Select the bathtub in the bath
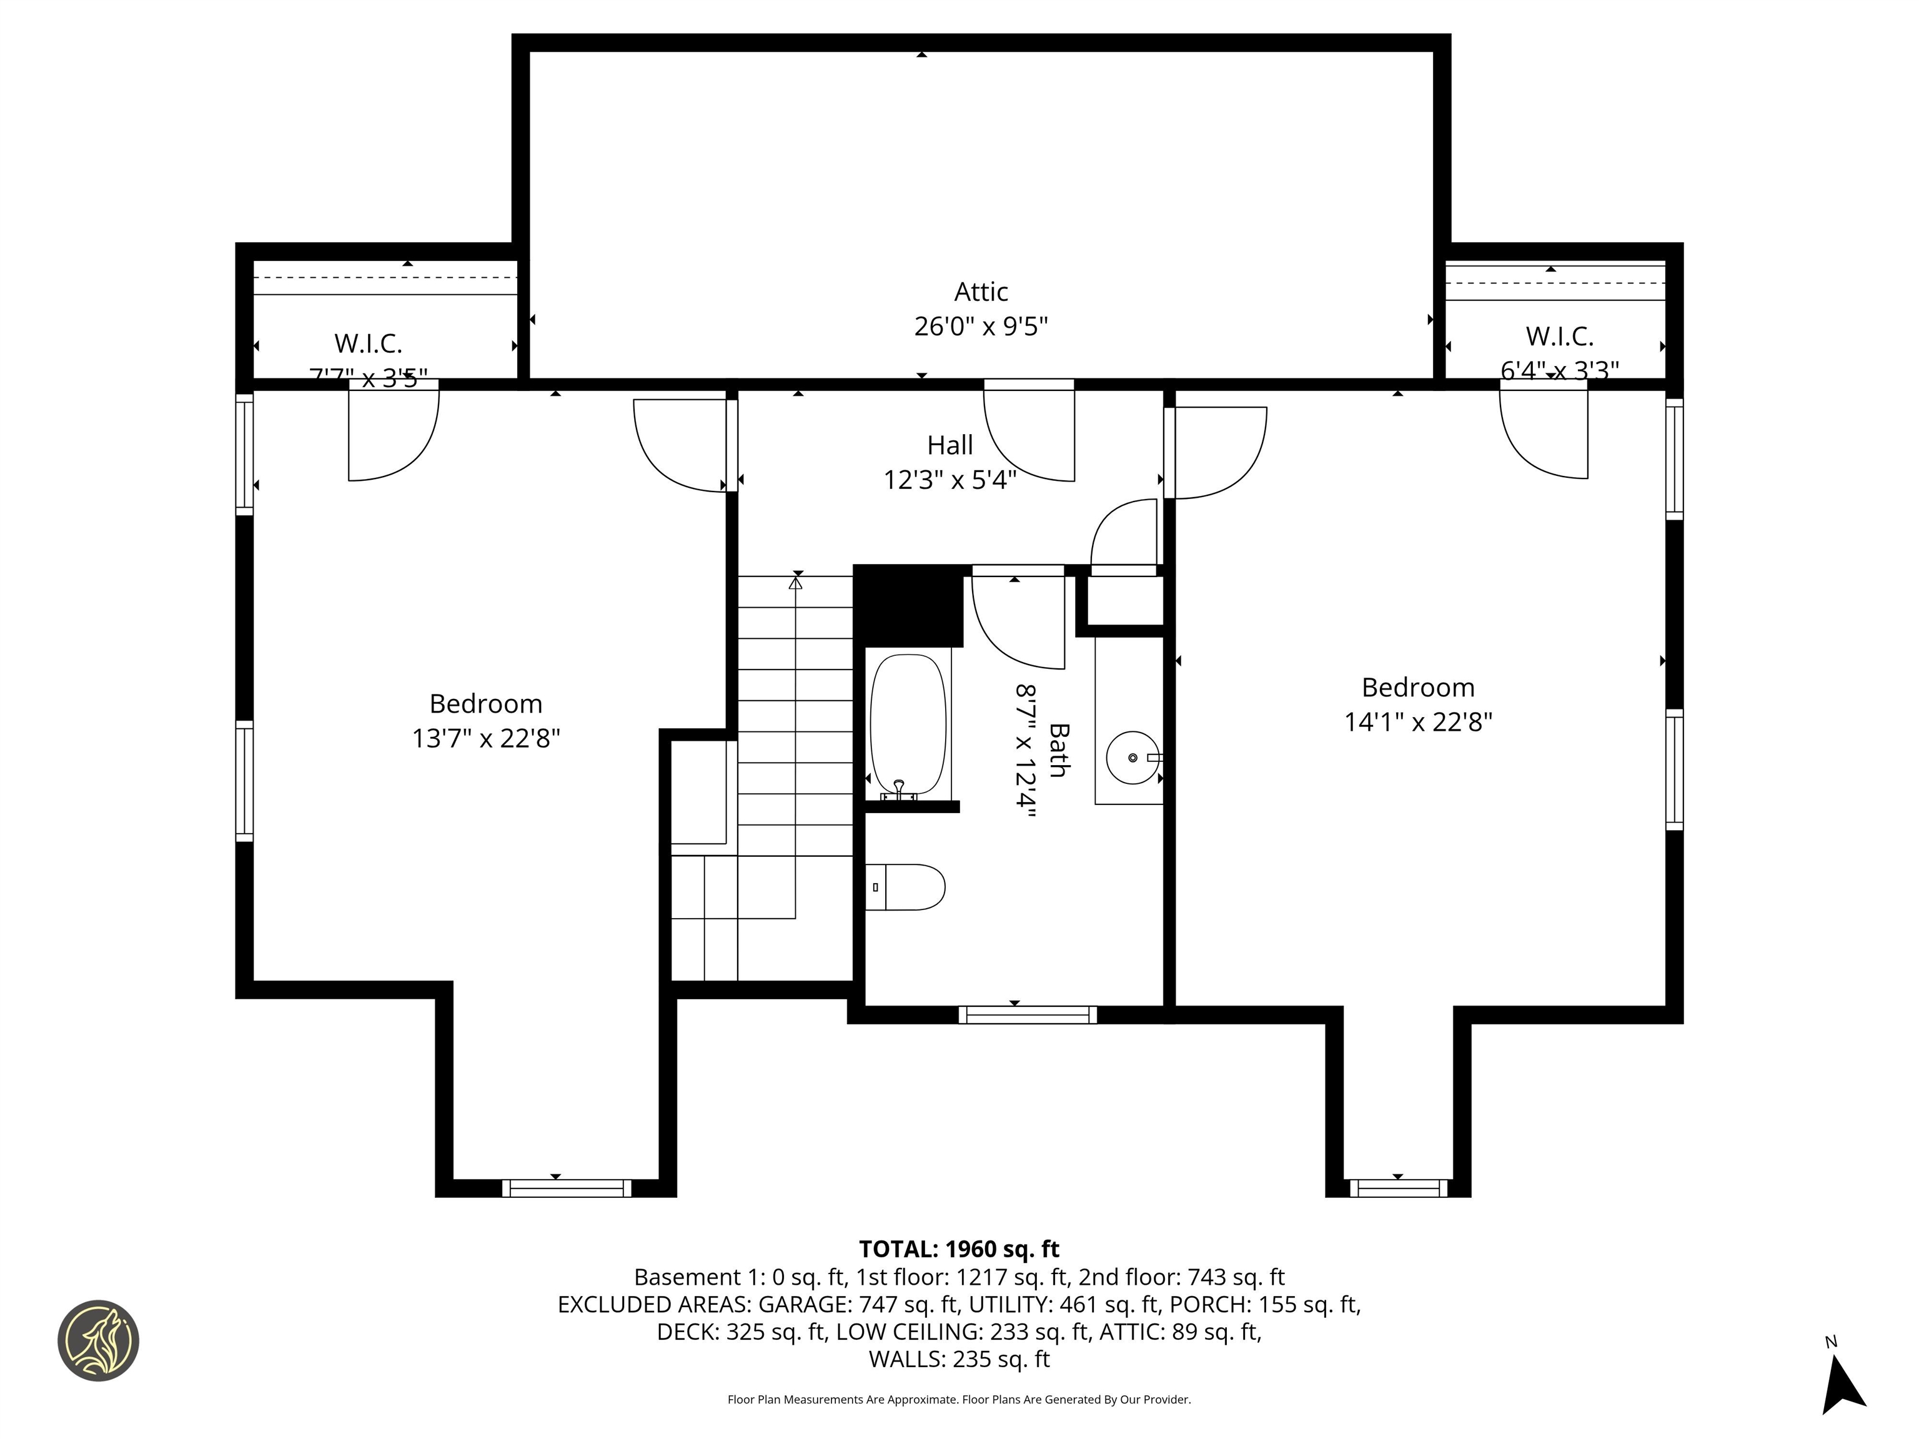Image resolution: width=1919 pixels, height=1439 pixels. coord(908,724)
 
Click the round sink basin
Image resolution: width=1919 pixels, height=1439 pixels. coord(1132,757)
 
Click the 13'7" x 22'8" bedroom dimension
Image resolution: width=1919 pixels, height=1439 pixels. coord(486,738)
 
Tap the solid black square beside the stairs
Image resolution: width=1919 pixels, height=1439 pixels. coord(909,605)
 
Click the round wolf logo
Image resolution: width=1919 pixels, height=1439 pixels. coord(98,1340)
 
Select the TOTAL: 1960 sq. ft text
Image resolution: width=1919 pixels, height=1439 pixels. coord(959,1249)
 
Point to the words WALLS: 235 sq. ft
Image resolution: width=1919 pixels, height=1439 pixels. coord(959,1359)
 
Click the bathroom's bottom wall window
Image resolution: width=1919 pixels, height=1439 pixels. coord(1027,1015)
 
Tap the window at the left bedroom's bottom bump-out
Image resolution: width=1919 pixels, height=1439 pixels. coord(567,1189)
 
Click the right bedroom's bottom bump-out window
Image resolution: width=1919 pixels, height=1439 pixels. coord(1397,1189)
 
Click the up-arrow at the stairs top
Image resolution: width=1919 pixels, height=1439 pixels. coord(796,583)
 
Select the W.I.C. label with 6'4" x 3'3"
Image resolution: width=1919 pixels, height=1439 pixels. coord(1559,337)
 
